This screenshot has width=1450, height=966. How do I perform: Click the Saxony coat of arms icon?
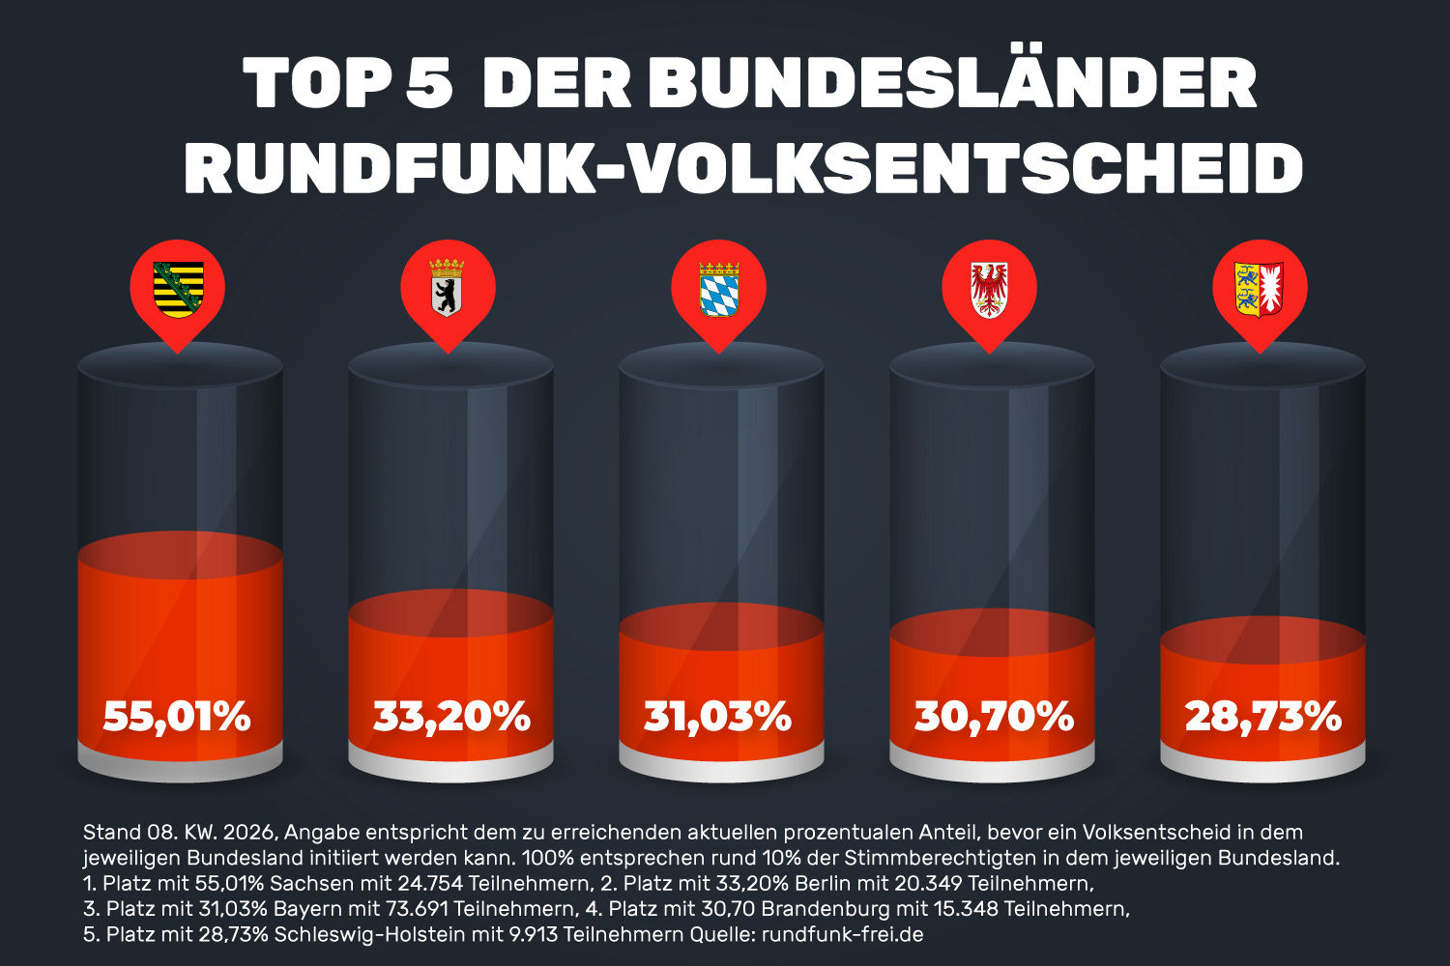coord(179,289)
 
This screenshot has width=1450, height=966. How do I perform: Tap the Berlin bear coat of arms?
coord(447,289)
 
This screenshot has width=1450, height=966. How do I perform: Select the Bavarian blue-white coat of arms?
coord(718,289)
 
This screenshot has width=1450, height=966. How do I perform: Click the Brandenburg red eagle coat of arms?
coord(989,289)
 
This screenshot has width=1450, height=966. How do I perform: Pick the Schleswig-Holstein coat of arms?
coord(1260,289)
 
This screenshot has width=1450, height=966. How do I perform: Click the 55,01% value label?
coord(177,717)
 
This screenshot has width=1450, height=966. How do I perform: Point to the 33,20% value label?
coord(451,717)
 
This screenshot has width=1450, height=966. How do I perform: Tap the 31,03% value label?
coord(718,717)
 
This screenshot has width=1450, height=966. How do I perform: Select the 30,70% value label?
coord(994,717)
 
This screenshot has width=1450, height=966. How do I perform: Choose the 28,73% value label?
coord(1263,717)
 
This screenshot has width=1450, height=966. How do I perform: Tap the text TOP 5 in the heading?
coord(348,85)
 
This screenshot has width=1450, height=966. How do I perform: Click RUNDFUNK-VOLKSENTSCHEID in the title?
coord(743,170)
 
